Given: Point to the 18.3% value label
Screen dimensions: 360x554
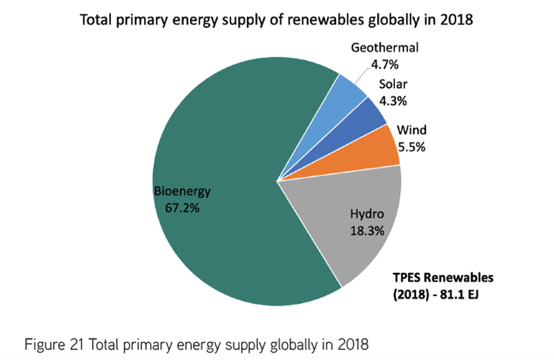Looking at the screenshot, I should coord(367,231).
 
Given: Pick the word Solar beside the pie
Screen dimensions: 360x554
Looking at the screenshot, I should coord(394,84).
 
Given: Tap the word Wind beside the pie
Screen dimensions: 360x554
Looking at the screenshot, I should coord(412,130).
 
